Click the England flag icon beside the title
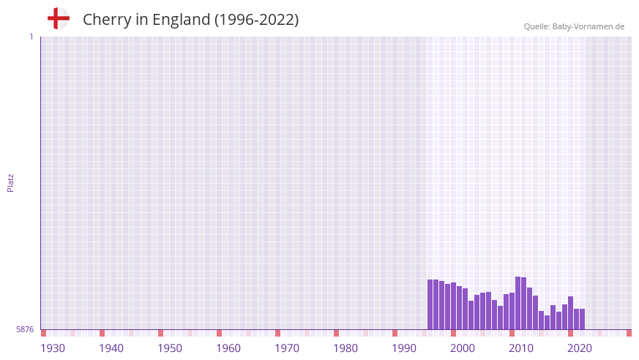(59, 19)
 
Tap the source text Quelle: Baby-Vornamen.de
(574, 26)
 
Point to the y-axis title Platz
(10, 183)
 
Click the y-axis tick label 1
(31, 37)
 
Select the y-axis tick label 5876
(25, 330)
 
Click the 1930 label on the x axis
(53, 348)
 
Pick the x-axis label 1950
(170, 348)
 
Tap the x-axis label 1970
(287, 348)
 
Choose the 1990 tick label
(404, 348)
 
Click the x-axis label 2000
(463, 348)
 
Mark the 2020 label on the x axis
(580, 348)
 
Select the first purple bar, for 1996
(430, 304)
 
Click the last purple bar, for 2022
(582, 319)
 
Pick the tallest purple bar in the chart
(517, 303)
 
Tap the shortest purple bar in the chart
(547, 323)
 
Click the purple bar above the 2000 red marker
(453, 306)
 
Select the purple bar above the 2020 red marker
(570, 313)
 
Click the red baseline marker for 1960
(219, 333)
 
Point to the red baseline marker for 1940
(102, 333)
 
